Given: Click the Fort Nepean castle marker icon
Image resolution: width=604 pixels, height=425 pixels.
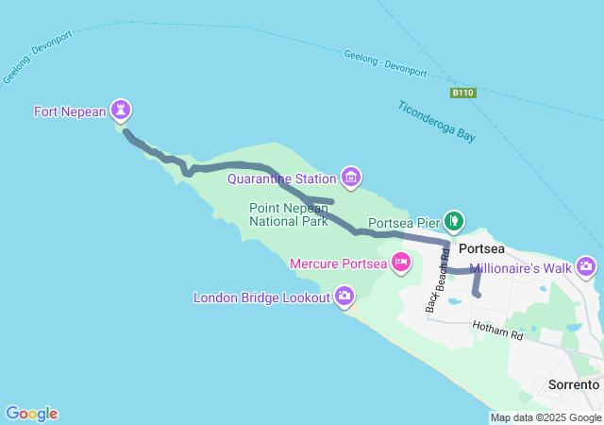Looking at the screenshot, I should pyautogui.click(x=121, y=110).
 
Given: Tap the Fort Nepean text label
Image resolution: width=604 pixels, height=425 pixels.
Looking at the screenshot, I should pyautogui.click(x=70, y=111).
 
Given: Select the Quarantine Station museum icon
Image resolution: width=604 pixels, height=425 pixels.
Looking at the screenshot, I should pyautogui.click(x=351, y=177).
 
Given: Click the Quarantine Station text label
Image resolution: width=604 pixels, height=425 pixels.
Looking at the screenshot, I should pyautogui.click(x=282, y=178).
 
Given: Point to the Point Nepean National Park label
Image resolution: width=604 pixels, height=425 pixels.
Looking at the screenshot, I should pyautogui.click(x=288, y=214).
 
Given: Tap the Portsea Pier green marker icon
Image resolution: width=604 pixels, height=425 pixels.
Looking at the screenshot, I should pyautogui.click(x=454, y=222).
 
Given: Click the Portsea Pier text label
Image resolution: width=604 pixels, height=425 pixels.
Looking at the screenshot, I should pyautogui.click(x=405, y=224).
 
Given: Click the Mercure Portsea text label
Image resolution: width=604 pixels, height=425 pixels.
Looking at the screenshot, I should pyautogui.click(x=338, y=263).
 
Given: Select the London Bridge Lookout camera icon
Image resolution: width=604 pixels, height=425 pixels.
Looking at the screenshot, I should pyautogui.click(x=345, y=297).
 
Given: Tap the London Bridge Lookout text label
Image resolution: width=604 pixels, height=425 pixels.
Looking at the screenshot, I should pyautogui.click(x=262, y=297).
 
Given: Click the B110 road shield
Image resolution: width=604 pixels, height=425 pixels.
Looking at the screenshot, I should pyautogui.click(x=462, y=93).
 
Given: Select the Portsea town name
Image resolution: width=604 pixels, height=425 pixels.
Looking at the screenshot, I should pyautogui.click(x=481, y=248).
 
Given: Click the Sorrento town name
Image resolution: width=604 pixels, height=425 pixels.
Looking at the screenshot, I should pyautogui.click(x=573, y=384).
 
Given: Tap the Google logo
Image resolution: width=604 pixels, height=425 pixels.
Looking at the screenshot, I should pyautogui.click(x=31, y=414).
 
